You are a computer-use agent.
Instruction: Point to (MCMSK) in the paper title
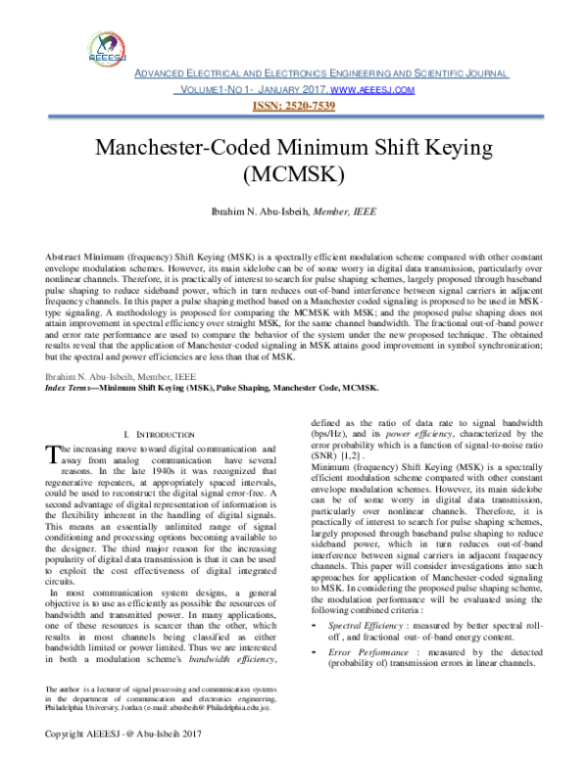coord(295,175)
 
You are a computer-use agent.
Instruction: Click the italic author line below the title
coord(295,211)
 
